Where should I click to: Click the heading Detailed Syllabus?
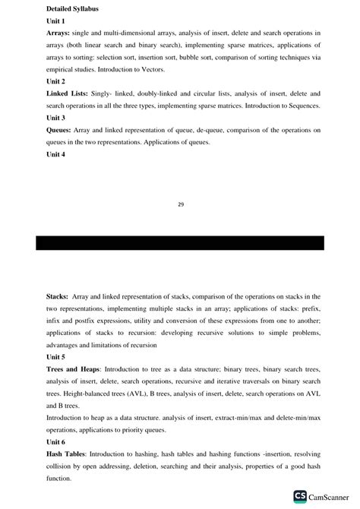[74, 8]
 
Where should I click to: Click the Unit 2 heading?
[55, 81]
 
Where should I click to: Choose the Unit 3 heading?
[55, 118]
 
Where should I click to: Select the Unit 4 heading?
[55, 154]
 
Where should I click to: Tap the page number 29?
[180, 203]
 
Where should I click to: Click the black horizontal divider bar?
[180, 243]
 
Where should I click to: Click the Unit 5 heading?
[55, 356]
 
